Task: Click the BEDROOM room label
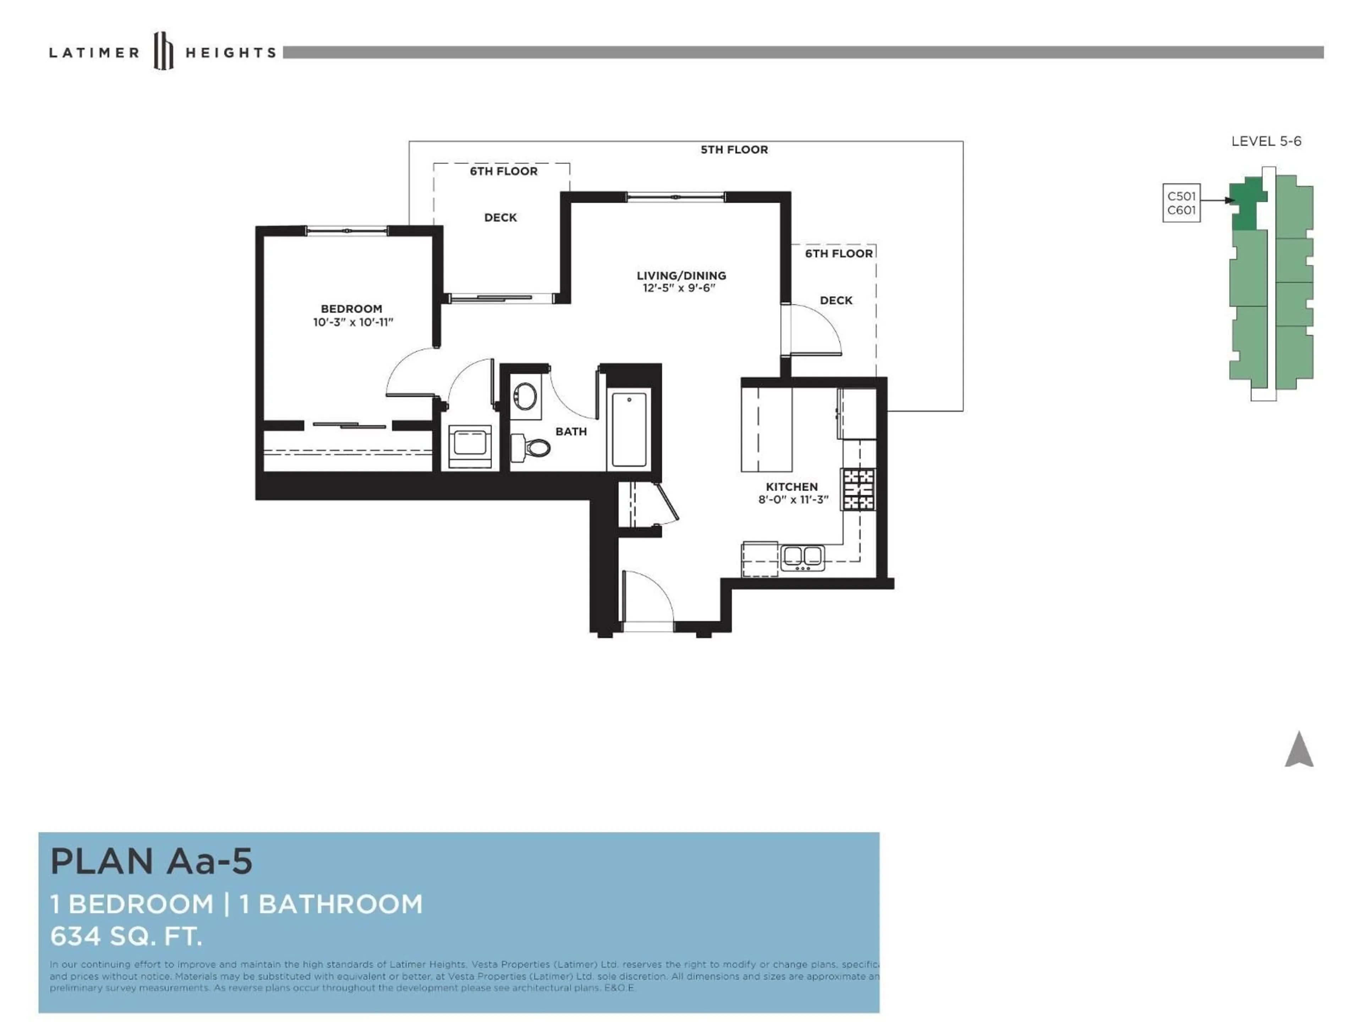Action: pos(351,309)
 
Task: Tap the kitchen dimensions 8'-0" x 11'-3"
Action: pos(793,500)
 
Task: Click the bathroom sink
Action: pos(525,396)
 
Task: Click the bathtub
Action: pos(629,429)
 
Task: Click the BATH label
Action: pos(571,431)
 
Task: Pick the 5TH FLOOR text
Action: pos(734,150)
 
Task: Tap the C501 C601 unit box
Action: pos(1181,203)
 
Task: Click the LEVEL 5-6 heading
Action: pos(1266,141)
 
